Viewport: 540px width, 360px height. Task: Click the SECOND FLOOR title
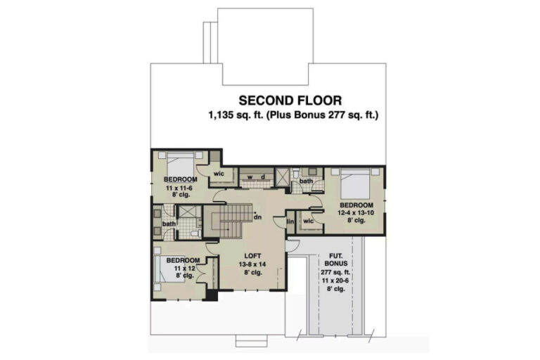pos(290,101)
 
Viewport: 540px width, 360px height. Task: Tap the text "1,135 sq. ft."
pos(236,115)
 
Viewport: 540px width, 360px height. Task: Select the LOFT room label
pos(252,256)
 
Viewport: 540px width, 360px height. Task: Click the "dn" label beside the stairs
pos(257,217)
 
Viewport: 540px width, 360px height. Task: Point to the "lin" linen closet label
pos(290,221)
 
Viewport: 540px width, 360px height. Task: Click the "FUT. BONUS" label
pos(336,259)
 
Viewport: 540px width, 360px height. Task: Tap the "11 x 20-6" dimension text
pos(335,281)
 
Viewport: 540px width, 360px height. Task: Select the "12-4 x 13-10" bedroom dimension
pos(356,212)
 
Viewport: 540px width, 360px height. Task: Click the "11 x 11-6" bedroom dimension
pos(179,188)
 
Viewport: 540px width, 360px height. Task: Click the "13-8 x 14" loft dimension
pos(252,264)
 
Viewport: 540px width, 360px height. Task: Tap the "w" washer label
pos(250,177)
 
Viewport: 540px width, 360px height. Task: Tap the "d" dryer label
pos(263,176)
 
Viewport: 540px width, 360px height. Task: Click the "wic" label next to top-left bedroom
pos(219,174)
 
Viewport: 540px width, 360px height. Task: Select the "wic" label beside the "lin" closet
pos(308,221)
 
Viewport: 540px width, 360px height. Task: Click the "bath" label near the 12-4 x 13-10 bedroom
pos(306,181)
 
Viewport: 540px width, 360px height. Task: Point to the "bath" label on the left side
pos(169,224)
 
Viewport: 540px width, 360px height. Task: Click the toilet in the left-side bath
pos(195,234)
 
